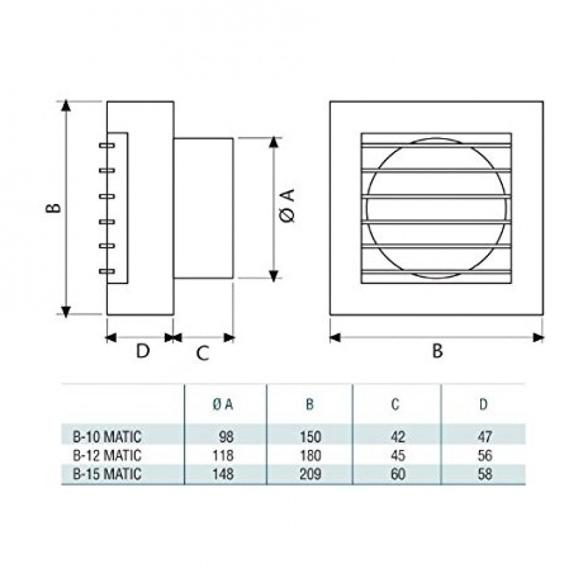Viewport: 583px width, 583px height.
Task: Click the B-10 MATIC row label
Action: [107, 436]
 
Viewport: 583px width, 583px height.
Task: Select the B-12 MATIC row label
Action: [107, 455]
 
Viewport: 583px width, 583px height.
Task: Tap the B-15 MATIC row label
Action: [107, 474]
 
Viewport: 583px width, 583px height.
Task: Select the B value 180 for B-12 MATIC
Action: [310, 455]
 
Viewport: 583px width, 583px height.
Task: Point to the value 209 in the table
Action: [310, 474]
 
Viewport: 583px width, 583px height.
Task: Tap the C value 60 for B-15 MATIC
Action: [398, 474]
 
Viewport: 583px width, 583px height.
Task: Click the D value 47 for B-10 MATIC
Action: [484, 436]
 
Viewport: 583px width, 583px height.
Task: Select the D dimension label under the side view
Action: [143, 352]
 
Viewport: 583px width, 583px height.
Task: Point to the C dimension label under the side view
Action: [202, 353]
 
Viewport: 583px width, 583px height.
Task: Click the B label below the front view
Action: [437, 352]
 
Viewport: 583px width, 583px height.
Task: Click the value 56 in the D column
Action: [484, 455]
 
